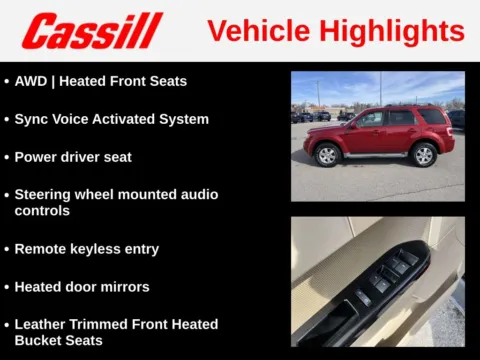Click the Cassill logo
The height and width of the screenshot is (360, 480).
pyautogui.click(x=92, y=31)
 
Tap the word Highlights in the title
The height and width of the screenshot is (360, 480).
pyautogui.click(x=397, y=31)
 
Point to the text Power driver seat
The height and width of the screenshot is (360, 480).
pyautogui.click(x=72, y=157)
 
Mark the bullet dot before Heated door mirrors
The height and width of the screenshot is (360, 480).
pyautogui.click(x=7, y=287)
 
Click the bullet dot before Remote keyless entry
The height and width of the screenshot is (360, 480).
pyautogui.click(x=7, y=249)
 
